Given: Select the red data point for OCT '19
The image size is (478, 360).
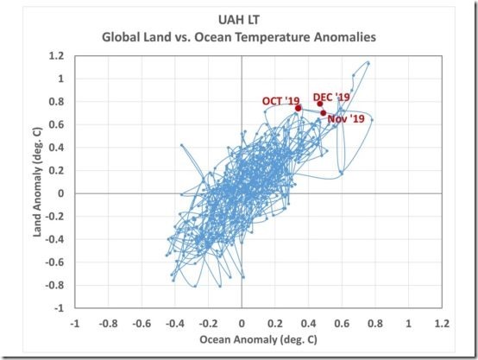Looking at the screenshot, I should click(299, 109).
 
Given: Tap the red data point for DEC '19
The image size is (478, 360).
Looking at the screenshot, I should click(320, 104).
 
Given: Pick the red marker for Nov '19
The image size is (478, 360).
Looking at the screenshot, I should click(324, 113).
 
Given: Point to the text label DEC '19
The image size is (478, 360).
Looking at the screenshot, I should click(331, 97).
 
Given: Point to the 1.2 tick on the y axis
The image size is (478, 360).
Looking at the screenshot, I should click(58, 56).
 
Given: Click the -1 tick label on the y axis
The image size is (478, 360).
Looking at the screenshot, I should click(60, 307).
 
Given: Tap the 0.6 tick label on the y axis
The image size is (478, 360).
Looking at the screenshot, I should click(58, 124).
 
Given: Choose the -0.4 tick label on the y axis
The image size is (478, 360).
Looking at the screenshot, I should click(56, 239).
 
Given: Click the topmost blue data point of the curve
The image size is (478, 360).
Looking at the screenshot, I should click(368, 62).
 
